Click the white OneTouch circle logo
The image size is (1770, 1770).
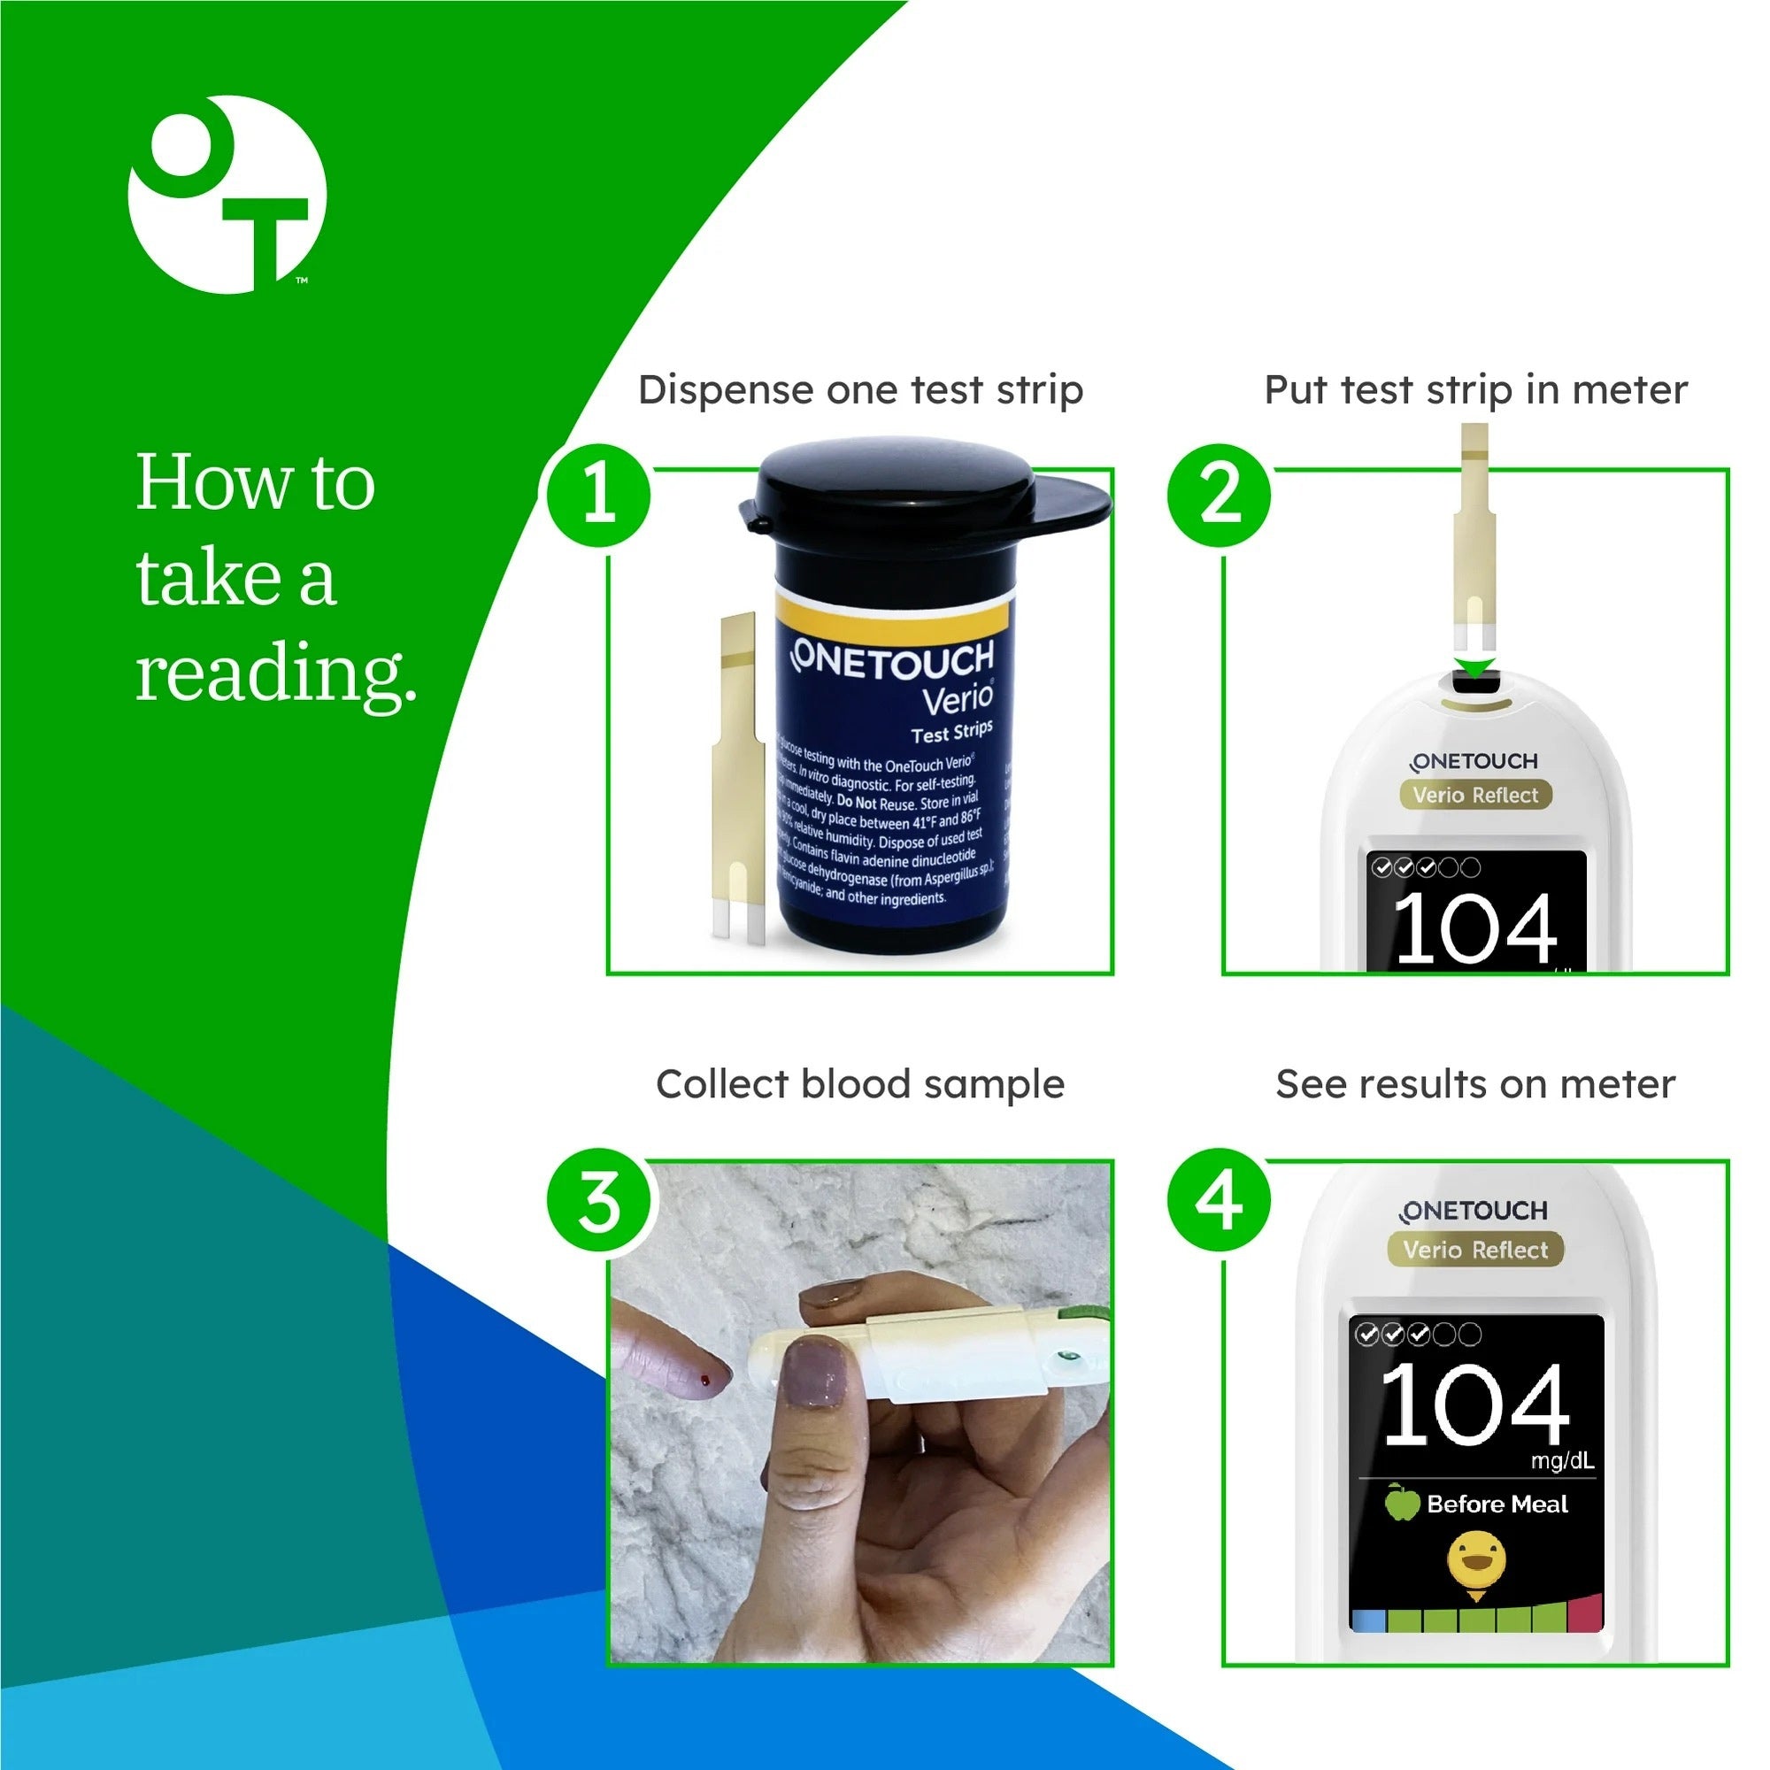click(227, 194)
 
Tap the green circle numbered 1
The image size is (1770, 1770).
click(599, 496)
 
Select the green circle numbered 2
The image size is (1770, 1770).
click(1220, 496)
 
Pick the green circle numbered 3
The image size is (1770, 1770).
click(599, 1201)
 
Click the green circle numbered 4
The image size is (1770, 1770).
click(1220, 1201)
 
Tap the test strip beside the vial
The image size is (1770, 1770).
click(737, 779)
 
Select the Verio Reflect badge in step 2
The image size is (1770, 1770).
click(1475, 796)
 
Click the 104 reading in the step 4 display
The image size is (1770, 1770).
click(1475, 1404)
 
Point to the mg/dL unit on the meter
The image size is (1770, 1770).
click(1562, 1460)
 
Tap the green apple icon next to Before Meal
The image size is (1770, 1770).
click(1401, 1504)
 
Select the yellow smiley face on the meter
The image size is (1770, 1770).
click(1476, 1560)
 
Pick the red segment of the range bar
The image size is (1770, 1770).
click(1585, 1614)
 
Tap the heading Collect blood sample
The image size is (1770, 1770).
click(860, 1085)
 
